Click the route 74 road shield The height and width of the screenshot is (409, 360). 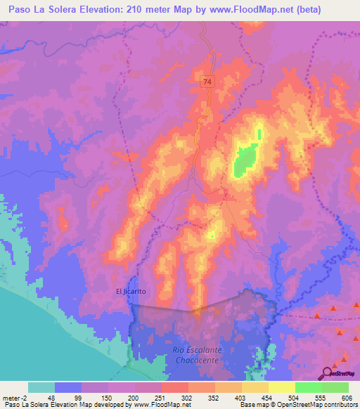click(206, 82)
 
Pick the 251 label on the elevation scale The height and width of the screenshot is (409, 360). click(160, 396)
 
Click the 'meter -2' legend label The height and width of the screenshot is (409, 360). click(15, 396)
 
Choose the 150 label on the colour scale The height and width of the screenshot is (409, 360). click(107, 396)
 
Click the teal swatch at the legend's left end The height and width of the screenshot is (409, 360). click(41, 387)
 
